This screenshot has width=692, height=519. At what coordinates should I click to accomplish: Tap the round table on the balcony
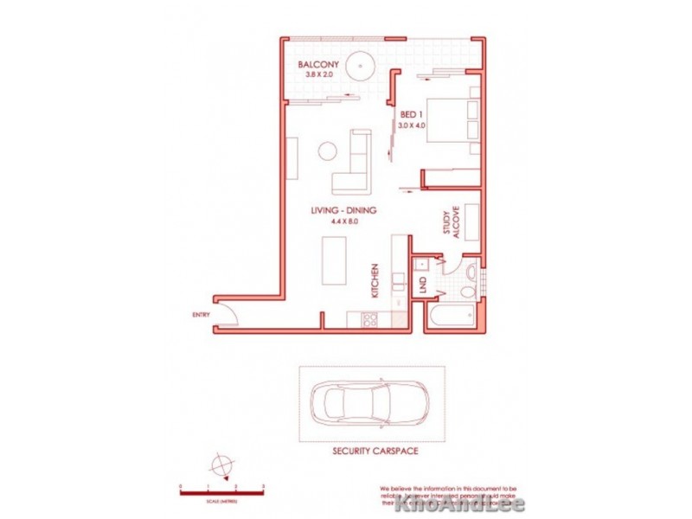click(x=359, y=66)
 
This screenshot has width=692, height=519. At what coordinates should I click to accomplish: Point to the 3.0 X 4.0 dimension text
click(x=413, y=126)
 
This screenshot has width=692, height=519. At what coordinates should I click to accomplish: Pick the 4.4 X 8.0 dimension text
click(x=343, y=222)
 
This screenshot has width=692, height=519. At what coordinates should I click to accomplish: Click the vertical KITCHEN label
click(x=375, y=281)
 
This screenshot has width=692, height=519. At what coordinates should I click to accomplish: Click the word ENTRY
click(x=202, y=315)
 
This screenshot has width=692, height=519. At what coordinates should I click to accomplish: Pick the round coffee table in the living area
click(x=327, y=151)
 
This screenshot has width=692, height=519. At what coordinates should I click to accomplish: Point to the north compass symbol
click(x=221, y=465)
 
